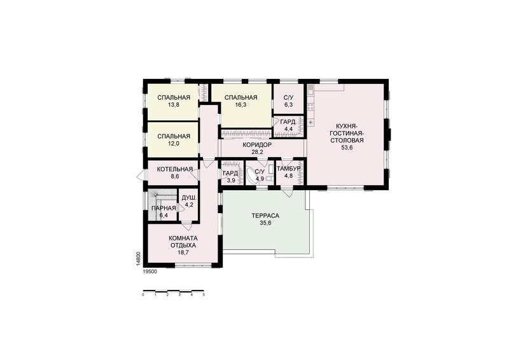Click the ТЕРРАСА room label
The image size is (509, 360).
(x=265, y=216)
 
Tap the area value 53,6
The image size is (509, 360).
(x=347, y=148)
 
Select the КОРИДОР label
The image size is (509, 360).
(x=257, y=145)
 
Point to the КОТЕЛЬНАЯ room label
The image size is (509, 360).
(x=174, y=169)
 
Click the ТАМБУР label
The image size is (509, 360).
(x=289, y=169)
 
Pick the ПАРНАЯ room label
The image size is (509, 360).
(x=164, y=209)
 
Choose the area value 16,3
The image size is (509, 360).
(x=241, y=105)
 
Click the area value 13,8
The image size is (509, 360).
(x=174, y=105)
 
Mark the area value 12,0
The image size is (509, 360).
(x=174, y=144)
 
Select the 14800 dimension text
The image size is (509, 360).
(x=138, y=258)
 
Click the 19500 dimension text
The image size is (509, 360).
(x=150, y=272)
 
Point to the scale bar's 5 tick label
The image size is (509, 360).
(x=204, y=294)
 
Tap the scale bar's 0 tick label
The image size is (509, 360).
(x=143, y=294)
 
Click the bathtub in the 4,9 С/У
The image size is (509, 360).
(x=251, y=176)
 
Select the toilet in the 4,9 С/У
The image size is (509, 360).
(x=268, y=178)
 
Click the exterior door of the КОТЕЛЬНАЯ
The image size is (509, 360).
(x=141, y=176)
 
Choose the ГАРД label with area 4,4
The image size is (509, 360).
(x=288, y=122)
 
